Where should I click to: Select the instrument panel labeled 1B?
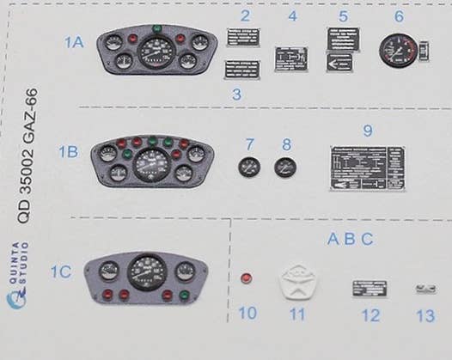153,161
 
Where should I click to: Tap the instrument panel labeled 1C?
147,277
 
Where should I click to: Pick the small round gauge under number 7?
249,168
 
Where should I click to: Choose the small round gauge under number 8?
285,168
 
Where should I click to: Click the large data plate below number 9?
367,168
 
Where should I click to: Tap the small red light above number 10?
247,278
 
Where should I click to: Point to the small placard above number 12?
370,288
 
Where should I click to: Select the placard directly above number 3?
242,70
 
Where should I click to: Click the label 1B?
68,151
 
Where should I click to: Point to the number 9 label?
367,131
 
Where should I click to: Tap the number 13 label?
425,315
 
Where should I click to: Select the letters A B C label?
350,239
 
